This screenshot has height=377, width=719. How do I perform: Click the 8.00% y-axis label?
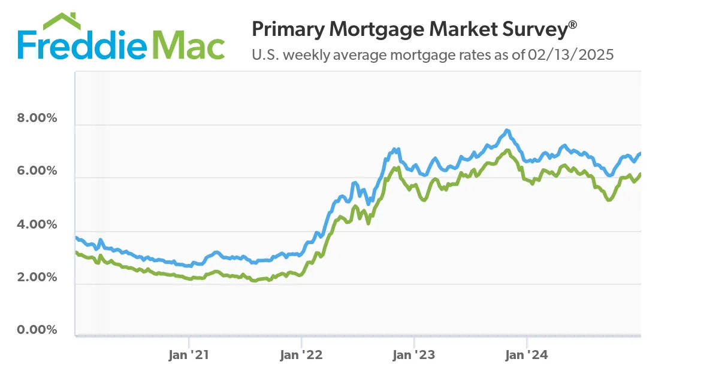(37, 118)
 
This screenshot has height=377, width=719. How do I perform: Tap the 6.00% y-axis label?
(37, 171)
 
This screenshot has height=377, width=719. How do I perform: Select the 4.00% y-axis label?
(37, 225)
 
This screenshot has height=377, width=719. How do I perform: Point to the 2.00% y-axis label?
(37, 278)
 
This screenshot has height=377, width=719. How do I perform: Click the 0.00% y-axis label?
(37, 330)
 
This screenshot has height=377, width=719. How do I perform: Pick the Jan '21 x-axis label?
(189, 355)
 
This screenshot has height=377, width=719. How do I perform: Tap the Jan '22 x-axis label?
(301, 355)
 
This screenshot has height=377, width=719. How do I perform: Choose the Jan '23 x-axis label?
(413, 355)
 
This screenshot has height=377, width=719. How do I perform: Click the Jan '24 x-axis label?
(526, 355)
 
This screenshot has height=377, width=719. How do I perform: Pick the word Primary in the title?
(285, 29)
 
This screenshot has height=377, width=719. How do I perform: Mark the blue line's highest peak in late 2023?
(507, 130)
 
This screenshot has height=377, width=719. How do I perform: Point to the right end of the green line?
(640, 174)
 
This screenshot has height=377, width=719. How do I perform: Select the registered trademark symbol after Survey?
(573, 25)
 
